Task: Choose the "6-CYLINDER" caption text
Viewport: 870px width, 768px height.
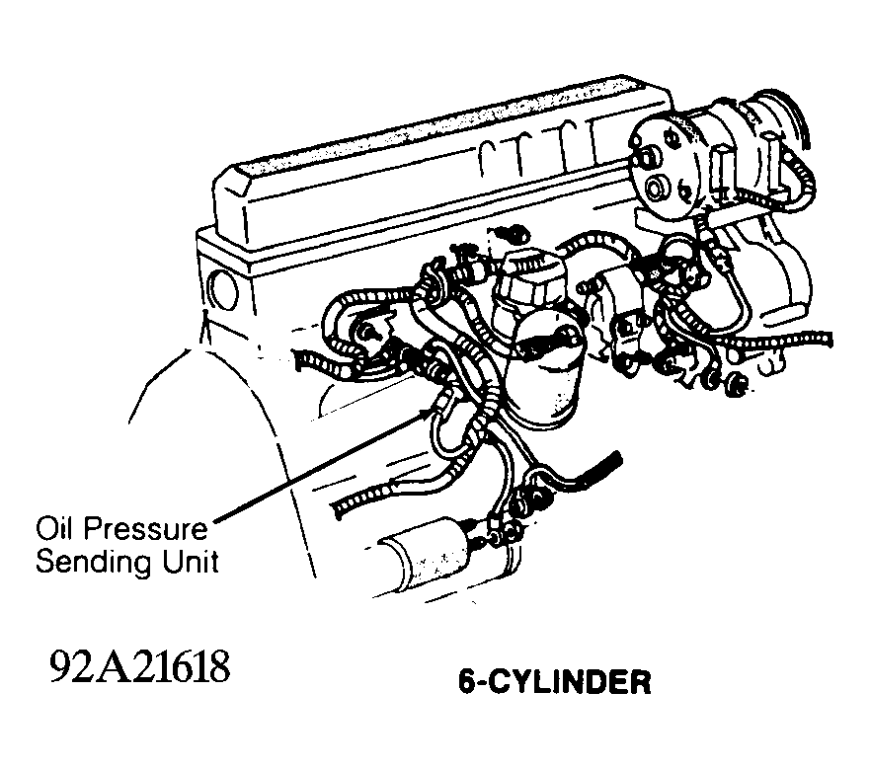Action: [555, 682]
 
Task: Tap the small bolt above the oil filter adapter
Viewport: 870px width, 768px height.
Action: [511, 235]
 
